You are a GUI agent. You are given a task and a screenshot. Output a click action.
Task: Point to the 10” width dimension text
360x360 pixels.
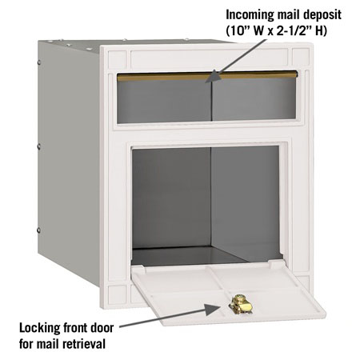[x=241, y=31]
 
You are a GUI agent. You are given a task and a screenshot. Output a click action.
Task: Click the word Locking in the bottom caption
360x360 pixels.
[x=39, y=328]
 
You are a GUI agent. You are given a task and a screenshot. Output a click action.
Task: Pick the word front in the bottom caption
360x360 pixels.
[x=74, y=328]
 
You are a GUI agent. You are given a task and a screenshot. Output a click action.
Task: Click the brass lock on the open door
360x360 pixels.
[x=240, y=303]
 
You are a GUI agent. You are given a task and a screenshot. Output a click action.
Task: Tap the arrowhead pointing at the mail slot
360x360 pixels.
[x=214, y=77]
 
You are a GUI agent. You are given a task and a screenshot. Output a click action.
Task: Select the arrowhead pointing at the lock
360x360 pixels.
[x=213, y=309]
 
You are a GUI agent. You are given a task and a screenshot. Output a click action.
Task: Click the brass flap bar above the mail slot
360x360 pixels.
[x=207, y=76]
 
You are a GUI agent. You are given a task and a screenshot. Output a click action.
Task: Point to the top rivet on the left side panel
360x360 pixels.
[x=39, y=63]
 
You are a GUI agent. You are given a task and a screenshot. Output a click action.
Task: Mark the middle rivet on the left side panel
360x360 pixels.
[x=39, y=146]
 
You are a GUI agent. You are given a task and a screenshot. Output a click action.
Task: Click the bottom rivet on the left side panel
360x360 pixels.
[x=38, y=230]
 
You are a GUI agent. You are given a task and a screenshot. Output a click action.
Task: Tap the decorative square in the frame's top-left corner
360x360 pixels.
[x=117, y=58]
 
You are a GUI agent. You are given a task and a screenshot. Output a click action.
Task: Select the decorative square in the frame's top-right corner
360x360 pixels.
[x=301, y=57]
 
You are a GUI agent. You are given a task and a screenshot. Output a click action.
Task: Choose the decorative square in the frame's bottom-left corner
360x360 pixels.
[x=118, y=294]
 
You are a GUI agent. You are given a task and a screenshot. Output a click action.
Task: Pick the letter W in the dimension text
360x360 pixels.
[x=259, y=31]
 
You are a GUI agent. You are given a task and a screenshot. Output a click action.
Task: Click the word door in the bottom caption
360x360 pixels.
[x=102, y=328]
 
